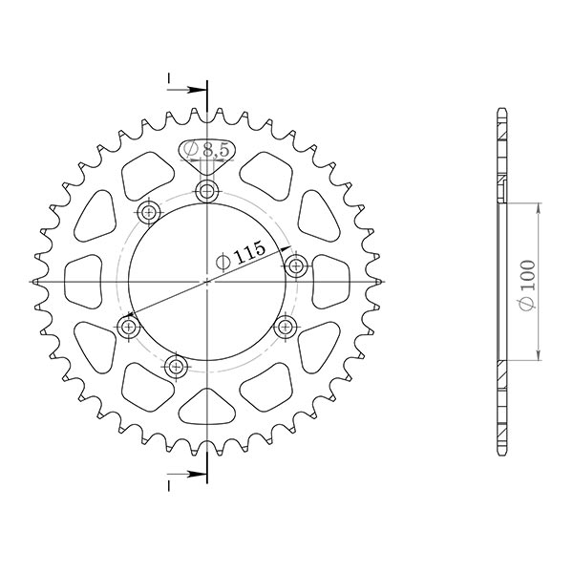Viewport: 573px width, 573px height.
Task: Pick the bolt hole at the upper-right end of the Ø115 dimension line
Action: click(295, 265)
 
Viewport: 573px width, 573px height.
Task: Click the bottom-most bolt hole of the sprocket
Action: click(176, 365)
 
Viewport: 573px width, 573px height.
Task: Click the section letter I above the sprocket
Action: click(168, 76)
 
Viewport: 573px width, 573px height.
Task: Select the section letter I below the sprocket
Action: click(168, 487)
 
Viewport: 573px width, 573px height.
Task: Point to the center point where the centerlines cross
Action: click(207, 282)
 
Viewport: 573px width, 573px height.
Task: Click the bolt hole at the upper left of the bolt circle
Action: click(148, 211)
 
